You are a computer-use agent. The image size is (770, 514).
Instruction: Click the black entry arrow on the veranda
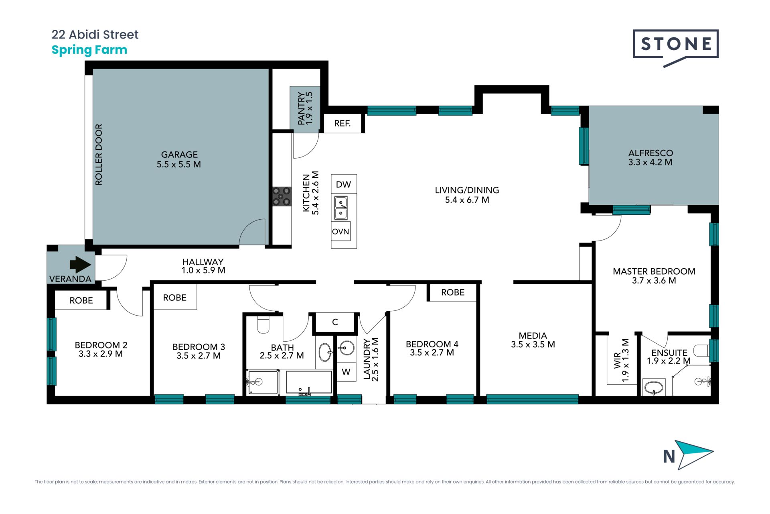[x=80, y=265]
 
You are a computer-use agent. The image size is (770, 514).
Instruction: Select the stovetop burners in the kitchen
[x=282, y=196]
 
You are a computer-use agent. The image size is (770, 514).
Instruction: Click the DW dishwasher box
[x=344, y=184]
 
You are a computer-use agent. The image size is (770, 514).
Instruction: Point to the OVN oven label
[x=340, y=232]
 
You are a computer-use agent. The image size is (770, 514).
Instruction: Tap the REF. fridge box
[x=342, y=123]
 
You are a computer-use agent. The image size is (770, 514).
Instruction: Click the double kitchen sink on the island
[x=341, y=208]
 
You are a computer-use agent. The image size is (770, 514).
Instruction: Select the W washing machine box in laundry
[x=346, y=372]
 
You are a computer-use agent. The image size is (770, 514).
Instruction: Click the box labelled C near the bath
[x=335, y=322]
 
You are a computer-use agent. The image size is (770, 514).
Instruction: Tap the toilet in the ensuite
[x=702, y=351]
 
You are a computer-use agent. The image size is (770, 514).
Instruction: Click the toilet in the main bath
[x=263, y=325]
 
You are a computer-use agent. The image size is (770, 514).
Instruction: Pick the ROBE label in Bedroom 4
[x=453, y=292]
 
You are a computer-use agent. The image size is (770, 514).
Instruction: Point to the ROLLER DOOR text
[x=99, y=155]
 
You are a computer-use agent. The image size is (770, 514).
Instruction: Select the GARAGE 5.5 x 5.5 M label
[x=179, y=159]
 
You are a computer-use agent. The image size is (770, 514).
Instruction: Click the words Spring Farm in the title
[x=89, y=50]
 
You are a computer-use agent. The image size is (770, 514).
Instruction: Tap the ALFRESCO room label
[x=650, y=157]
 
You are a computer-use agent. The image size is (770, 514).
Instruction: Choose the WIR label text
[x=617, y=360]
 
